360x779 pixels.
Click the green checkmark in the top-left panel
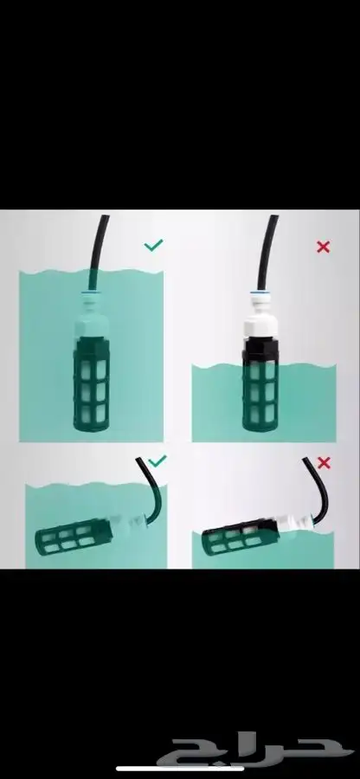153,246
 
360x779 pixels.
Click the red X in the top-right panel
324,247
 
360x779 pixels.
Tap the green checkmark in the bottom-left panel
157,461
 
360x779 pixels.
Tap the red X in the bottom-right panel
324,463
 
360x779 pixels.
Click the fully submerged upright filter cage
91,383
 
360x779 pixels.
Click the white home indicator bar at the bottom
179,769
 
